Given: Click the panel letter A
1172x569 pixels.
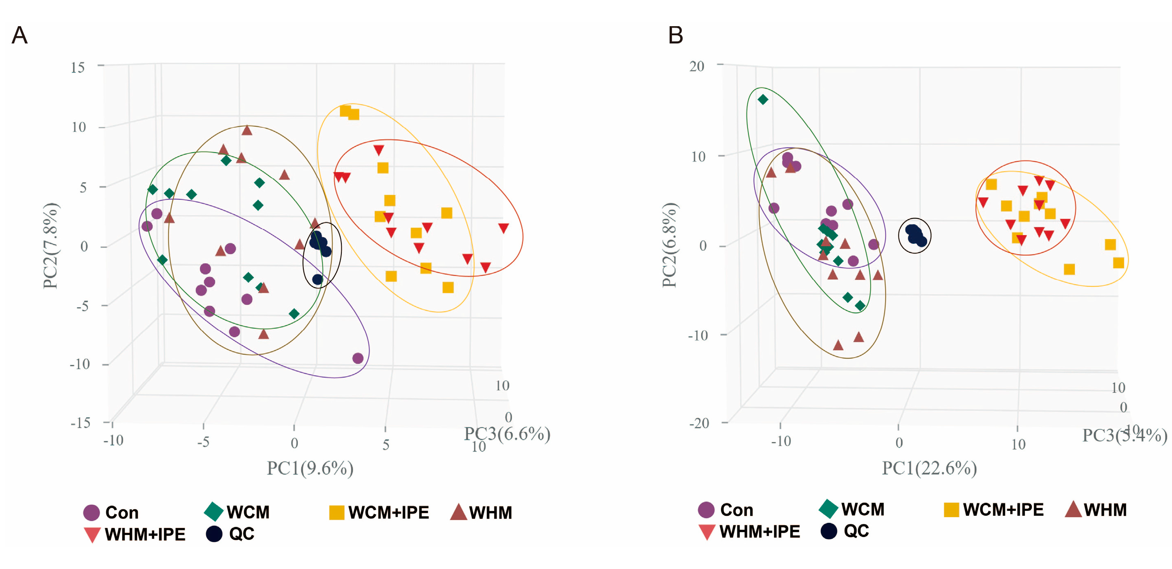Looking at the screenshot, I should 20,35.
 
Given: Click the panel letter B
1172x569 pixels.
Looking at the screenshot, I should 675,35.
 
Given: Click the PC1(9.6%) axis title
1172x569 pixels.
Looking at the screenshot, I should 310,468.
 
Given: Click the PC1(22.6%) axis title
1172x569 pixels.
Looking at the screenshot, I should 929,468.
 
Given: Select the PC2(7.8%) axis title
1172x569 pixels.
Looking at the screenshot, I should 51,246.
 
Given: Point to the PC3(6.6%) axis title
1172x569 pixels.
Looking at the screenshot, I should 507,434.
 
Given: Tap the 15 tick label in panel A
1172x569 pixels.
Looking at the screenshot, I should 78,68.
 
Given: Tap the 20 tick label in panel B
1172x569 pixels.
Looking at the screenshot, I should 697,66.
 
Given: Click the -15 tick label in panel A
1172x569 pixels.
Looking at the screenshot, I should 80,423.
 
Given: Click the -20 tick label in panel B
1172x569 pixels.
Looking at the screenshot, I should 699,423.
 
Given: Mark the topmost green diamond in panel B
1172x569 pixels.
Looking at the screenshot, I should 763,100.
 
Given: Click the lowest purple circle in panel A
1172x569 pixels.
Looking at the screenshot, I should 358,358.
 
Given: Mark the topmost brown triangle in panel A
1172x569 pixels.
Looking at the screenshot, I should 247,130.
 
